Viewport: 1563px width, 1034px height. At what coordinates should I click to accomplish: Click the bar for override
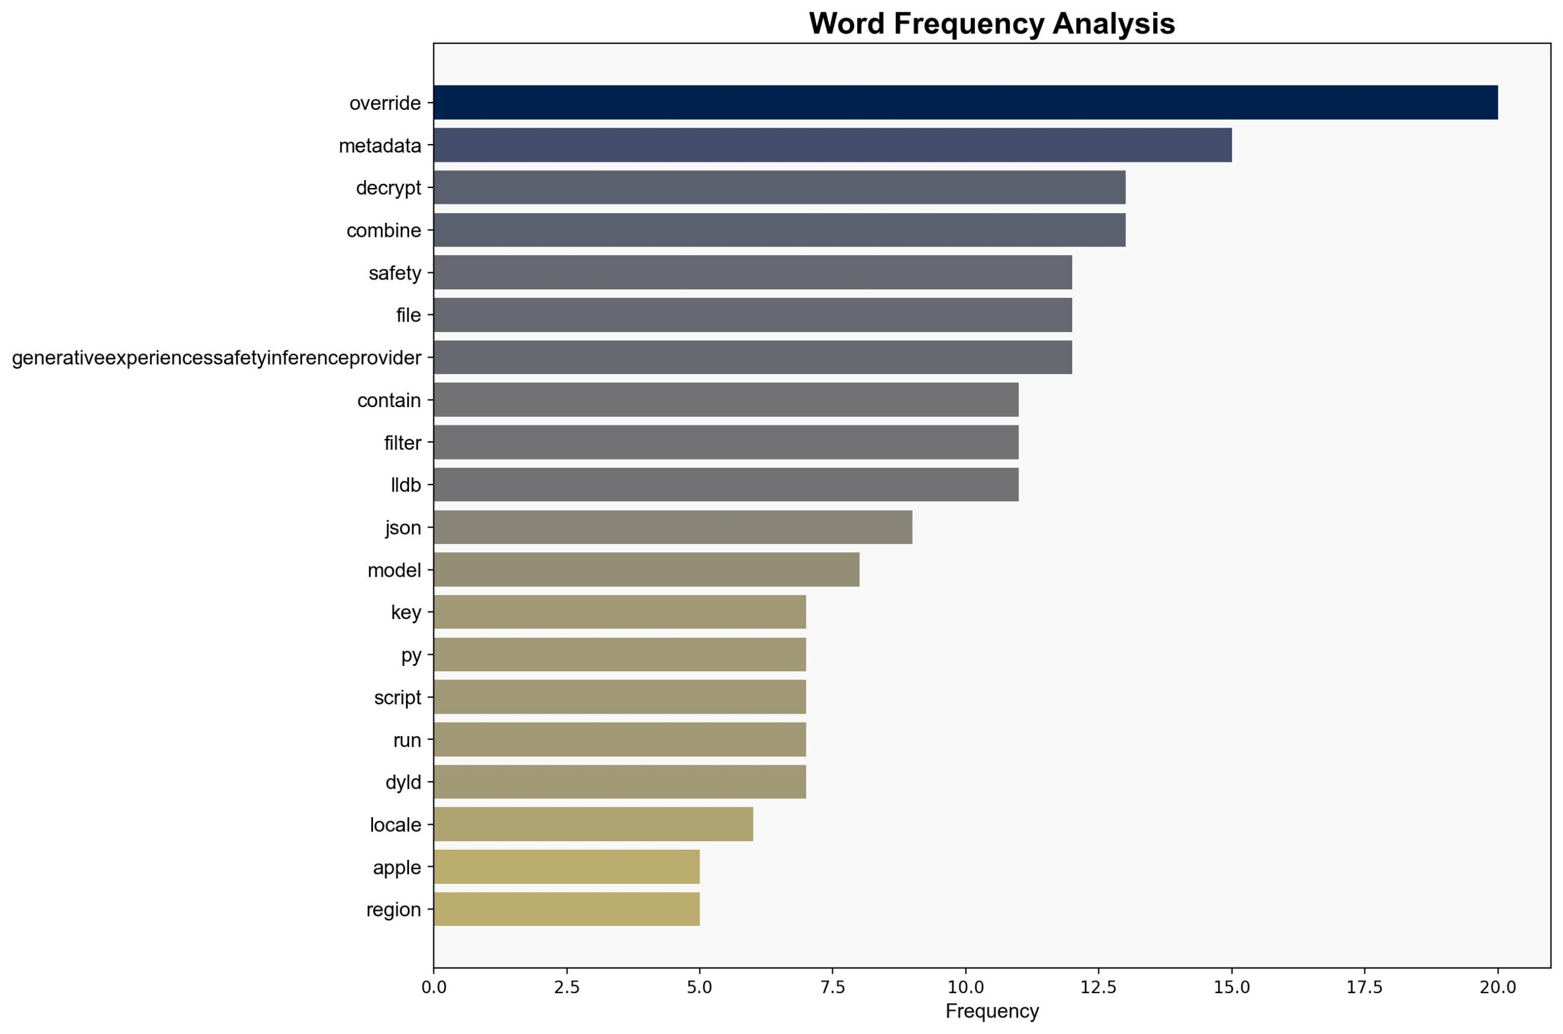click(965, 102)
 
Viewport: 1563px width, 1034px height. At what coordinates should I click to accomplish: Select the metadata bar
click(832, 145)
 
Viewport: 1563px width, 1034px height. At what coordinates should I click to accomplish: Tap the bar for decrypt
click(779, 187)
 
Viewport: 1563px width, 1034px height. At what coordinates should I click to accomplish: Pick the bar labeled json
click(673, 527)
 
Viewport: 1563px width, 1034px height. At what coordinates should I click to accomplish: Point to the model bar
click(647, 569)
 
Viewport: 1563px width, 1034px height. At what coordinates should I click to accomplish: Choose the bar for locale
click(593, 824)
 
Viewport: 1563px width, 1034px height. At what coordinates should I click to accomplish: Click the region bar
click(567, 909)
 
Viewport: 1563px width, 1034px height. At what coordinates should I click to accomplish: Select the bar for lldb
click(725, 485)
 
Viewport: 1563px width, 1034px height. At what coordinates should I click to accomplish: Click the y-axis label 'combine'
click(383, 230)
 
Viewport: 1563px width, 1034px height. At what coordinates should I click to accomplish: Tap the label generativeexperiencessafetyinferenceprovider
click(216, 358)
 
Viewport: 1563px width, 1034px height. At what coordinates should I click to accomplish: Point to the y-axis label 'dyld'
click(403, 782)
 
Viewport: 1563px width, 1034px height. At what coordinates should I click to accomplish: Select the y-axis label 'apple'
click(396, 867)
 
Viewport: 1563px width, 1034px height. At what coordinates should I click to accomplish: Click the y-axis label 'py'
click(411, 655)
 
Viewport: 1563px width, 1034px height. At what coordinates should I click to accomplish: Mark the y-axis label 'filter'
click(402, 443)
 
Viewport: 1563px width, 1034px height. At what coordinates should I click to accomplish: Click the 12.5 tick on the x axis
click(1098, 987)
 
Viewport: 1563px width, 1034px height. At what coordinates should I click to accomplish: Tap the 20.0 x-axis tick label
click(1498, 987)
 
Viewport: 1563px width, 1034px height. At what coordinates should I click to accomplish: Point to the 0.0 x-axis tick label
click(433, 987)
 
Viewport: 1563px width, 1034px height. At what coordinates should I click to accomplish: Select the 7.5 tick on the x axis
click(832, 987)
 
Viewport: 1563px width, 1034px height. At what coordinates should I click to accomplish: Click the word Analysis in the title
click(1113, 24)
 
